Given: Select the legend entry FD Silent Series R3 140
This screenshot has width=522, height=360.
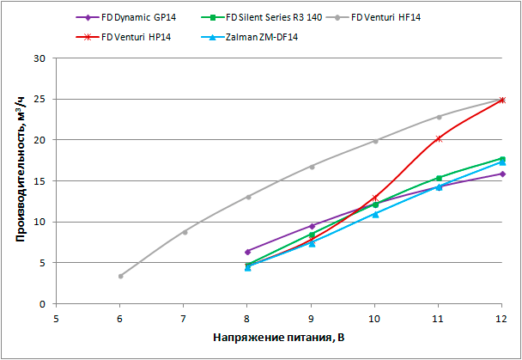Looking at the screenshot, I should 274,17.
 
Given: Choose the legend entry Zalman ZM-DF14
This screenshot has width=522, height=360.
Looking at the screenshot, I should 260,38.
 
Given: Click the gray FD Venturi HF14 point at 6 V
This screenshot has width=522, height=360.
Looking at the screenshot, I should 120,276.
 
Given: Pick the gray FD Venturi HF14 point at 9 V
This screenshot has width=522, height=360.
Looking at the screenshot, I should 312,167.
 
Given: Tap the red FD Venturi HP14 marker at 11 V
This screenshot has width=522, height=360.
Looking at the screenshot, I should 439,138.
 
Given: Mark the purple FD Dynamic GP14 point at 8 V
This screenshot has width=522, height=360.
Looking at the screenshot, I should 247,252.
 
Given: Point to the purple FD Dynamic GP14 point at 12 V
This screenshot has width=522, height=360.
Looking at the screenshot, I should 502,174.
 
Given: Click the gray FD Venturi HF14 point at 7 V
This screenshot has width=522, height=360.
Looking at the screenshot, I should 184,232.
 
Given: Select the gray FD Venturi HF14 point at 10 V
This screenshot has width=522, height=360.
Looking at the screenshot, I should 375,141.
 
